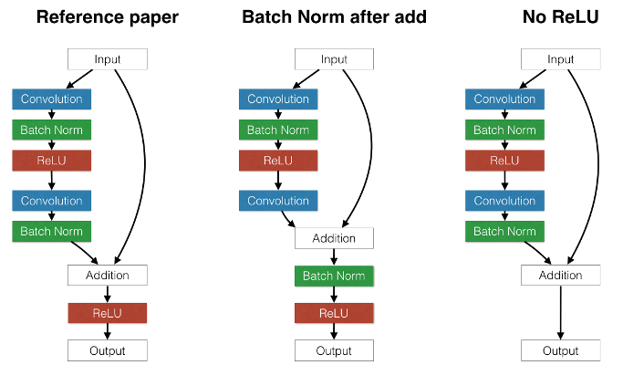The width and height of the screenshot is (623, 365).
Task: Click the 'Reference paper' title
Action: point(108,17)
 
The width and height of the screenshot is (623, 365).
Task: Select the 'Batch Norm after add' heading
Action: point(334,17)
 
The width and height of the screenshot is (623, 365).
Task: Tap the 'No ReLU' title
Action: point(560,17)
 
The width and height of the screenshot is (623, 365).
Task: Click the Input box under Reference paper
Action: point(108,59)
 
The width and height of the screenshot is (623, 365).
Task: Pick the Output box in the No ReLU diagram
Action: point(561,350)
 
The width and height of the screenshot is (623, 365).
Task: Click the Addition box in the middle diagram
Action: point(334,238)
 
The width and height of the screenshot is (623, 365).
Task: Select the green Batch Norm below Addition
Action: point(334,276)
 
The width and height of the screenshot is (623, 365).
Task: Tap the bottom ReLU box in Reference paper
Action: point(108,313)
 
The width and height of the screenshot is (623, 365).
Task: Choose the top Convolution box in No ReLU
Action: point(504,99)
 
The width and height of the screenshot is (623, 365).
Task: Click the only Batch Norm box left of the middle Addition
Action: point(278,130)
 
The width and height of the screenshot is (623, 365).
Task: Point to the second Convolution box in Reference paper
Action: point(52,201)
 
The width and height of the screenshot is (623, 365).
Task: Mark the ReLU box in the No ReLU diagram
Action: point(504,161)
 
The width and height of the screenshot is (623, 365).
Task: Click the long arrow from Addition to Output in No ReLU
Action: point(561,312)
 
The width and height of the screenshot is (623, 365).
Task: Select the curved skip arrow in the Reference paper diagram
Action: point(145,163)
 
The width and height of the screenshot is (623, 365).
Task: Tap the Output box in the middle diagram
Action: point(334,350)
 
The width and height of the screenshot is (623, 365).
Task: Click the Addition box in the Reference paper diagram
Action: point(108,276)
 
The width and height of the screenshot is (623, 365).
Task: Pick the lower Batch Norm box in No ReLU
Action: point(504,232)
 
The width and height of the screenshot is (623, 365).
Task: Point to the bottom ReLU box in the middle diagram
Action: point(334,313)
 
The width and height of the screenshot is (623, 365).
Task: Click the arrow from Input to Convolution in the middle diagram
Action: point(306,79)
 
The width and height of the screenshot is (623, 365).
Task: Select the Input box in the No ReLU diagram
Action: point(561,59)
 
